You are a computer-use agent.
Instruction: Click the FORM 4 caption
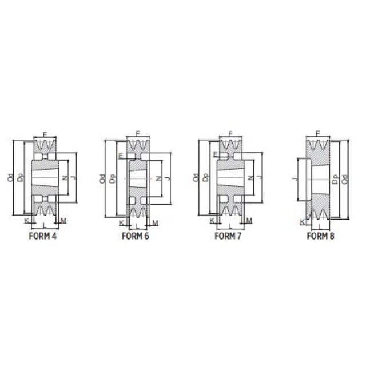tap(43, 236)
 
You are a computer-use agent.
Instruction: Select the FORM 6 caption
tap(135, 236)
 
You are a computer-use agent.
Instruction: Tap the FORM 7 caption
tap(228, 236)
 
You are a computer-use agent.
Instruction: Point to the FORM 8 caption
tap(320, 236)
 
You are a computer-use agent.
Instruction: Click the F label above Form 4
tap(45, 134)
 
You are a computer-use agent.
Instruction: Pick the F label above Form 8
tap(318, 133)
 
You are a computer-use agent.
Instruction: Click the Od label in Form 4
tap(11, 178)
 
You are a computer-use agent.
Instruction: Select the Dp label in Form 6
tap(113, 179)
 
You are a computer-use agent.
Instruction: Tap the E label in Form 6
tap(121, 156)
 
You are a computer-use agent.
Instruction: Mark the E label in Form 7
tap(216, 154)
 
